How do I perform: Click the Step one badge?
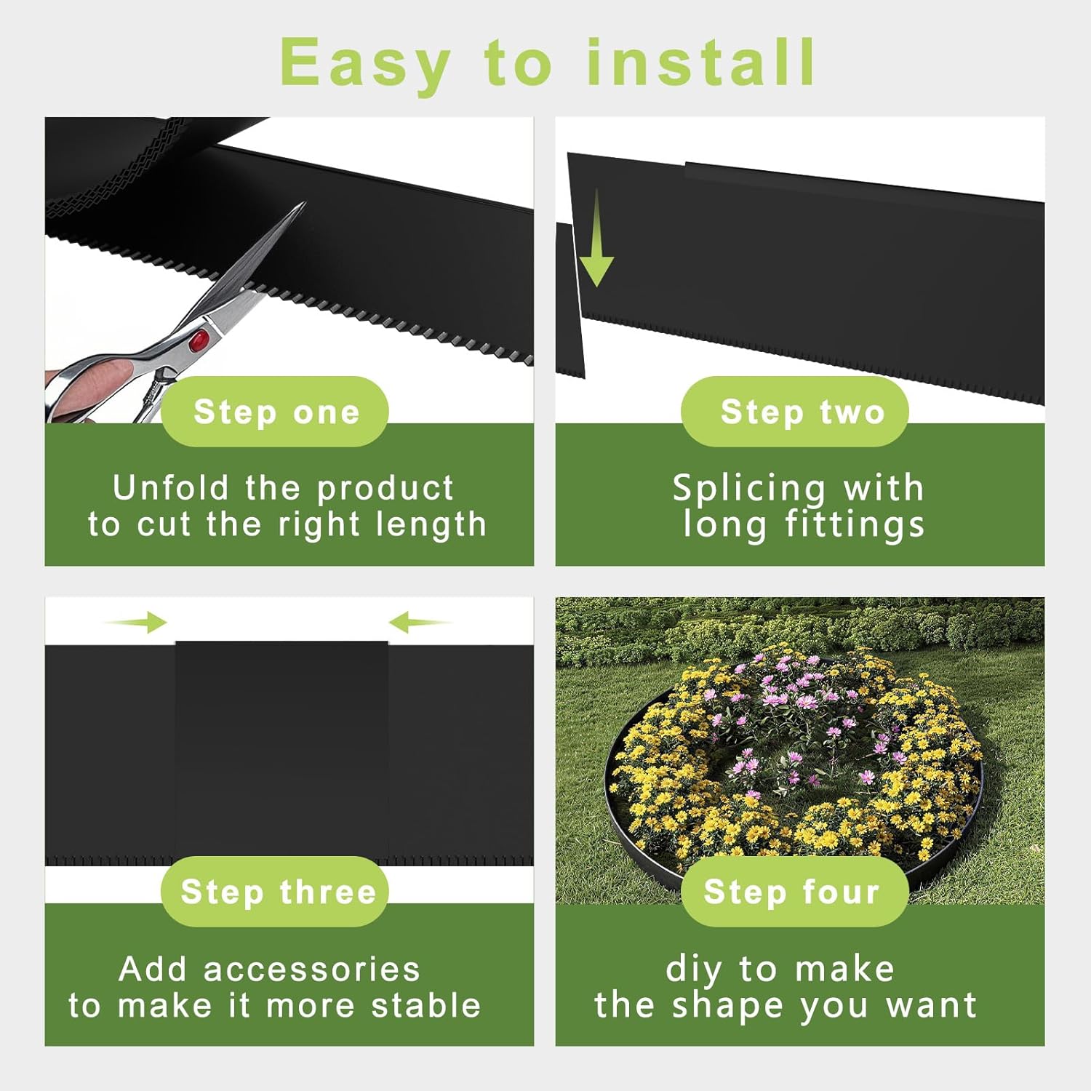275,412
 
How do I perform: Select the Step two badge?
795,412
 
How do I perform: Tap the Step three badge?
275,892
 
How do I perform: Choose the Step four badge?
795,892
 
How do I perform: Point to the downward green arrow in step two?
597,238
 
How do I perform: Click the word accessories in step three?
312,970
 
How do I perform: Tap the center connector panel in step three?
281,749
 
